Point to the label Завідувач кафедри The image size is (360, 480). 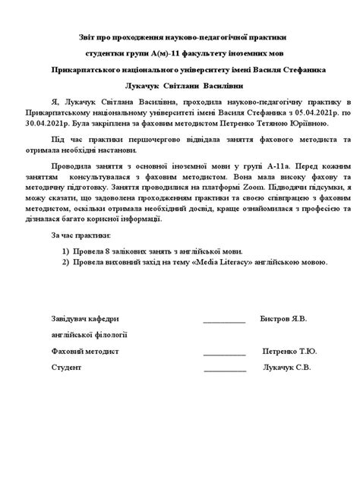pos(85,319)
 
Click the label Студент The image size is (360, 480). pos(66,368)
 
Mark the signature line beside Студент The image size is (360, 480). pos(225,371)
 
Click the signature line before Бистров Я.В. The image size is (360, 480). pos(224,322)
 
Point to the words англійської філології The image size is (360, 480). pos(89,334)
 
